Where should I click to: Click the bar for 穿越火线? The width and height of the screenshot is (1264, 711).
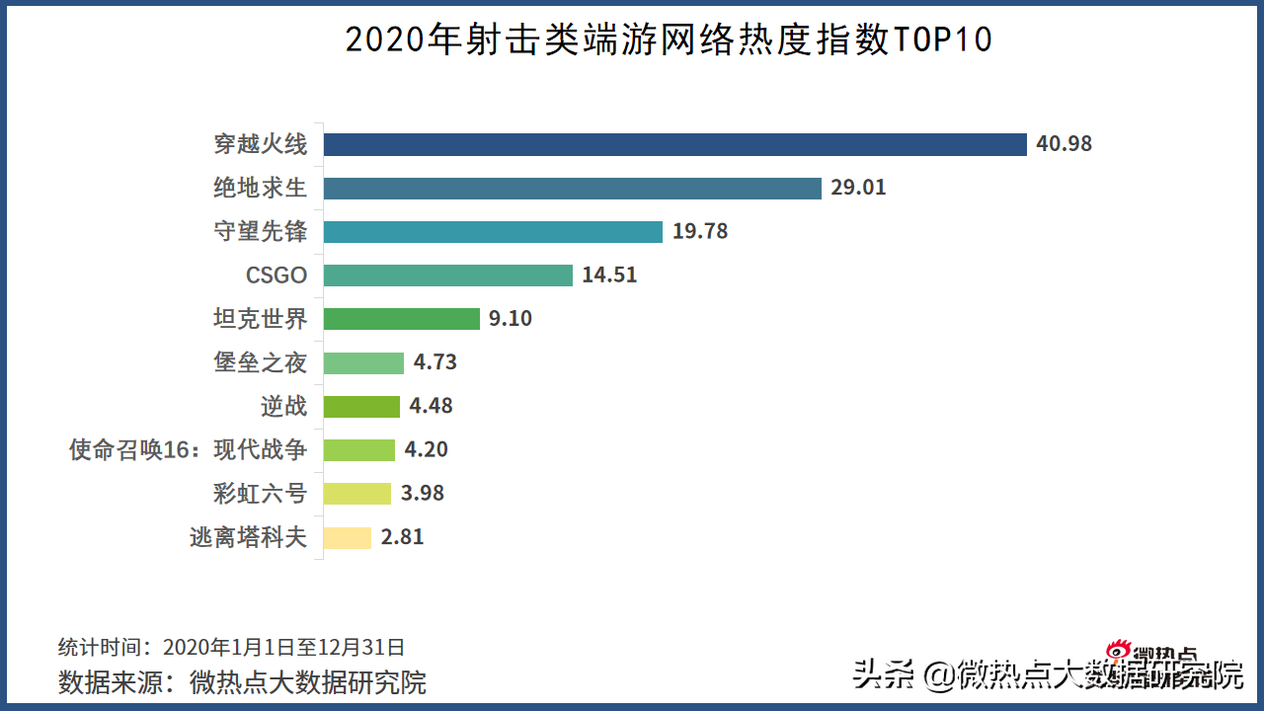tap(675, 144)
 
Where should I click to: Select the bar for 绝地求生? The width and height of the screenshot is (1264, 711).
tap(573, 188)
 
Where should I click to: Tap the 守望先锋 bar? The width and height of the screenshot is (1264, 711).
tap(493, 231)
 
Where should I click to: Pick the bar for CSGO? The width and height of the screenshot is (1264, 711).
tap(448, 275)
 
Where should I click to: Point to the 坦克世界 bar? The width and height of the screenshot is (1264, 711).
tap(402, 318)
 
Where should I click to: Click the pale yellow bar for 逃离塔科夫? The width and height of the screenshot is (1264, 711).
tap(348, 537)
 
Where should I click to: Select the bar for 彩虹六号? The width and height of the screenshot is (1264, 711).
tap(359, 493)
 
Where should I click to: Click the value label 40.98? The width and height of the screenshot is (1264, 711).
tap(1064, 144)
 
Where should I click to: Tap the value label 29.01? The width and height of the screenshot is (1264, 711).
tap(858, 188)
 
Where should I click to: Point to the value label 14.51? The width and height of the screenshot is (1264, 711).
tap(609, 275)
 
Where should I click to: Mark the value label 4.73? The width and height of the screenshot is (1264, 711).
tap(435, 361)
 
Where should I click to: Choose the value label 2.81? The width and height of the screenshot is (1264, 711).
tap(402, 537)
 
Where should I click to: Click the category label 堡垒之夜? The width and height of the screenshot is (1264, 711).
tap(261, 361)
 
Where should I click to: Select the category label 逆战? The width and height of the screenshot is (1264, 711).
tap(283, 405)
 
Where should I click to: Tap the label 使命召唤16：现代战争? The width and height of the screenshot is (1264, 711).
tap(188, 449)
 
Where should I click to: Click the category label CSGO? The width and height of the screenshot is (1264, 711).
tap(276, 275)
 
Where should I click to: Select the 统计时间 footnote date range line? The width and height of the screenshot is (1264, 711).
tap(231, 647)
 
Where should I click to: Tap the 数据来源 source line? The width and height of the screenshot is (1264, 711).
tap(242, 681)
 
